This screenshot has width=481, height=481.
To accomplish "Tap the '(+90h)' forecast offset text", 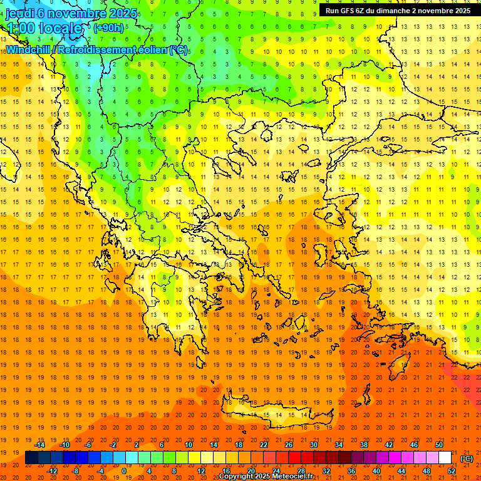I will (108, 28).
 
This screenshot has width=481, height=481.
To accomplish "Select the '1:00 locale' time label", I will (44, 28).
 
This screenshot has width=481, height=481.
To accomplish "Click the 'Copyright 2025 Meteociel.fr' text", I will (266, 477).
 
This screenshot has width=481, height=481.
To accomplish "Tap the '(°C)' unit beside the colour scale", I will (467, 458).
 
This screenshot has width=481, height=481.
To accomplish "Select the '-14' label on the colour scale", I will (41, 445).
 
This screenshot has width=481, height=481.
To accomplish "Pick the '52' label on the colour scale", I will (452, 471).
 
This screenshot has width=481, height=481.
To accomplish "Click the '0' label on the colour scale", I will (123, 471).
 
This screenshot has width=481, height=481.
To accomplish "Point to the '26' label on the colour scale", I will (289, 445).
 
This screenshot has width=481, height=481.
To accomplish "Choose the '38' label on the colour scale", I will (363, 445).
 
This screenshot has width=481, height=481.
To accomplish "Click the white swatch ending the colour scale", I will (445, 458).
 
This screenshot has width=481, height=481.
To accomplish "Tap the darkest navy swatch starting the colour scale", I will (31, 458).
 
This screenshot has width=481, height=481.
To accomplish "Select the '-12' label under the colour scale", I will (53, 471).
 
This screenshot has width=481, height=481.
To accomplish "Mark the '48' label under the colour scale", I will (427, 471).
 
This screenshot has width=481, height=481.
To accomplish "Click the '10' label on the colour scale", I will (189, 445).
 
